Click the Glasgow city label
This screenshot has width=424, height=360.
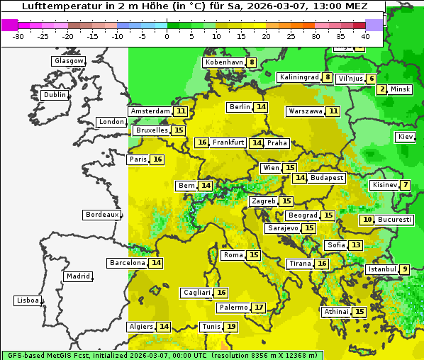tap(68, 61)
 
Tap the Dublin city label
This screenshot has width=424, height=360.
tap(54, 95)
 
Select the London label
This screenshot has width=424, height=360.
tap(111, 122)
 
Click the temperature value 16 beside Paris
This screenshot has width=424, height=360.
tap(157, 159)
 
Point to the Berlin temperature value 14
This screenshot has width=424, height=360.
tap(262, 107)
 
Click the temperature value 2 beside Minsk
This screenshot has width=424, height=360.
tap(383, 89)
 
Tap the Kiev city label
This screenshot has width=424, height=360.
tap(406, 137)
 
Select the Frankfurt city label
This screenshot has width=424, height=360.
tap(228, 142)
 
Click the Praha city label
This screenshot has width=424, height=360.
tap(277, 143)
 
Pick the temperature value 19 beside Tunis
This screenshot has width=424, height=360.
tap(231, 327)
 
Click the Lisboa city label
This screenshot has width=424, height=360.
tap(27, 300)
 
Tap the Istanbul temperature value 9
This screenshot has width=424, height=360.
tap(404, 269)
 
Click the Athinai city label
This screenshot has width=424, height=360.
tap(336, 312)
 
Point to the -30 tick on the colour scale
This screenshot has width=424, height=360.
tap(18, 36)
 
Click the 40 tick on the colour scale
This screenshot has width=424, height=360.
tap(365, 36)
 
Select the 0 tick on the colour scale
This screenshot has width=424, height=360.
tap(167, 36)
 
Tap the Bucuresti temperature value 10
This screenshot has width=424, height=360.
tap(367, 220)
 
